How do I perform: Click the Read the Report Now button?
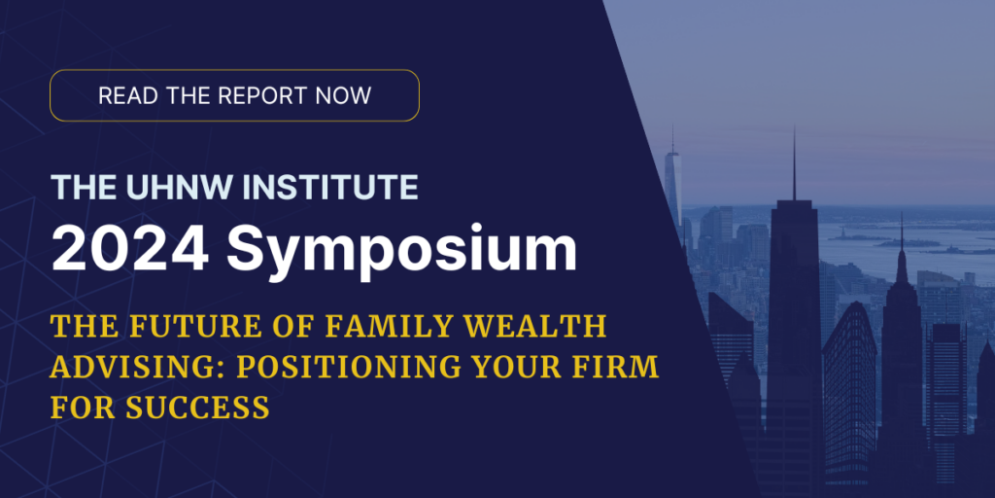pos(234,95)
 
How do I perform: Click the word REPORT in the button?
pos(258,95)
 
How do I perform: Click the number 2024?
pos(130,248)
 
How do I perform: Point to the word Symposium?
pos(401,252)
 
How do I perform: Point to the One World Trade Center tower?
pos(672,184)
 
